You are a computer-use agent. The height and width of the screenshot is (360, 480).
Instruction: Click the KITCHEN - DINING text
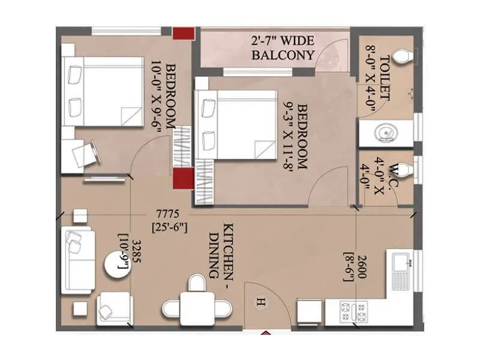[221, 250]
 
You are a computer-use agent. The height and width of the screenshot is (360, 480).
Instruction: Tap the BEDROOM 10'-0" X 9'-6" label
[164, 95]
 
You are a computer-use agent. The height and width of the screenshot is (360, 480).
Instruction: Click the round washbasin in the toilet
[384, 133]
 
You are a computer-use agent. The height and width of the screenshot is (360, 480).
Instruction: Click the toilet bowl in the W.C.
[406, 172]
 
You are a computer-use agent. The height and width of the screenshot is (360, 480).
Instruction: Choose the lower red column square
[182, 178]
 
